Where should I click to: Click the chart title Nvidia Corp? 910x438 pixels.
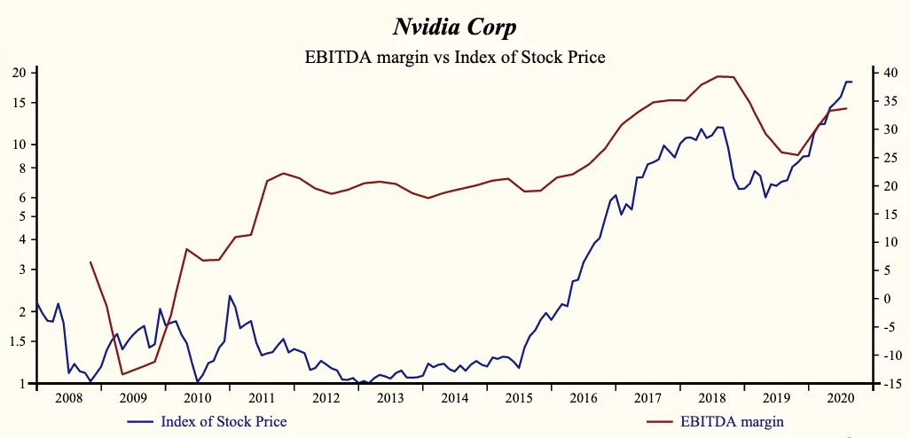(x=454, y=28)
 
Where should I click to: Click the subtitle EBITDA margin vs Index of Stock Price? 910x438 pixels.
(x=454, y=57)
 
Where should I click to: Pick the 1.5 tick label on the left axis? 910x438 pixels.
(x=20, y=341)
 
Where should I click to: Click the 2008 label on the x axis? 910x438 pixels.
(x=68, y=398)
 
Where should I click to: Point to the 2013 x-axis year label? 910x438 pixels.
(x=391, y=398)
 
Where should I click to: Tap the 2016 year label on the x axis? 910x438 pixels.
(x=584, y=398)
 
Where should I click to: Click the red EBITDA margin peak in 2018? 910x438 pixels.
(x=718, y=76)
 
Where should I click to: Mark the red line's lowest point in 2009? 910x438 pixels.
(x=122, y=374)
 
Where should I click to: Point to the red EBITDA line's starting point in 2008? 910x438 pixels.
(x=90, y=262)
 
